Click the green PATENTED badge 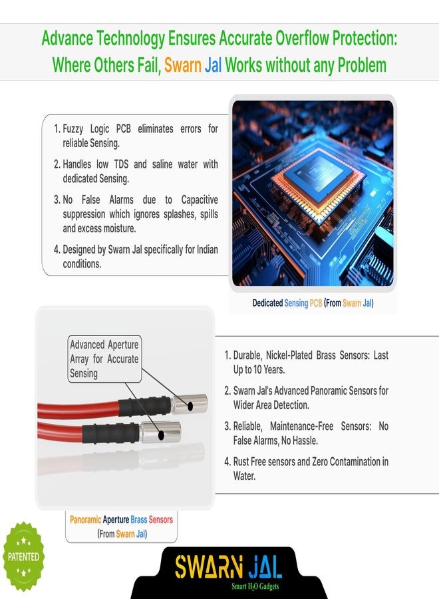click(24, 556)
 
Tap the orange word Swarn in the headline click(182, 65)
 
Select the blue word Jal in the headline click(213, 65)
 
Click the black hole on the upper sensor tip click(190, 406)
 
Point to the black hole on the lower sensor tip click(162, 435)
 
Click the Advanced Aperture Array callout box click(104, 359)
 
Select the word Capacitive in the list click(200, 200)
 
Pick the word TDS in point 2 click(121, 164)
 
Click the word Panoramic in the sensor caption click(86, 520)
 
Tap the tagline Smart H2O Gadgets click(255, 586)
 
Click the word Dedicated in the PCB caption click(267, 303)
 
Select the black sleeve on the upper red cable click(145, 405)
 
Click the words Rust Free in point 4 click(249, 461)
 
